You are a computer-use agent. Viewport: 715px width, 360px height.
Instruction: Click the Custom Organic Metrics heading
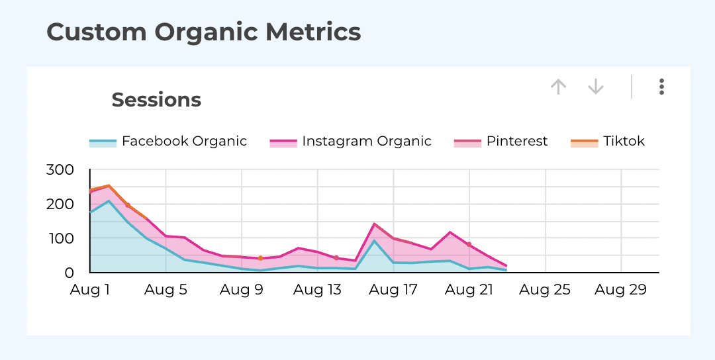coord(204,32)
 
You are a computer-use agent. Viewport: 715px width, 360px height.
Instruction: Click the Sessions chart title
coord(156,100)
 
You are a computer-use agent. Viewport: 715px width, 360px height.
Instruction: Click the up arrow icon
coord(559,87)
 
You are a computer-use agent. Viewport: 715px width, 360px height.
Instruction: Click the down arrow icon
coord(596,87)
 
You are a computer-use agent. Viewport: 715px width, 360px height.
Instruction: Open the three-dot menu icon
coord(661,87)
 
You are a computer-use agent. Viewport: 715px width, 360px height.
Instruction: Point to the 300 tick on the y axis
coord(60,169)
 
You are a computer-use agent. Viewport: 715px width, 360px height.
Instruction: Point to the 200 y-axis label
coord(60,204)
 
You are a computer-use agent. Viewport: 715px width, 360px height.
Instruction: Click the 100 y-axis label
coord(60,238)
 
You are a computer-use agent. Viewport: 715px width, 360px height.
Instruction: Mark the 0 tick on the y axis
coord(69,272)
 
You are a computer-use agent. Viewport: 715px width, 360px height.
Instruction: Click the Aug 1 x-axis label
coord(90,291)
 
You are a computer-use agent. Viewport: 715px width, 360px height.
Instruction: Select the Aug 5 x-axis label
coord(166,291)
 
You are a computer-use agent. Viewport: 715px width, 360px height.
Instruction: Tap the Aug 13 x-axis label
coord(318,291)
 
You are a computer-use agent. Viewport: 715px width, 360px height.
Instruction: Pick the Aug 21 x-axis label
coord(469,291)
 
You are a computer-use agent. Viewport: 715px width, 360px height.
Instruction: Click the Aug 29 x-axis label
coord(621,291)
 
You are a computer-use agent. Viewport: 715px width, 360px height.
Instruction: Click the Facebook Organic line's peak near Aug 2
coord(109,201)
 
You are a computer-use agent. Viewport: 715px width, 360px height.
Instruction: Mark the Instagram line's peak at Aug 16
coord(375,224)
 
